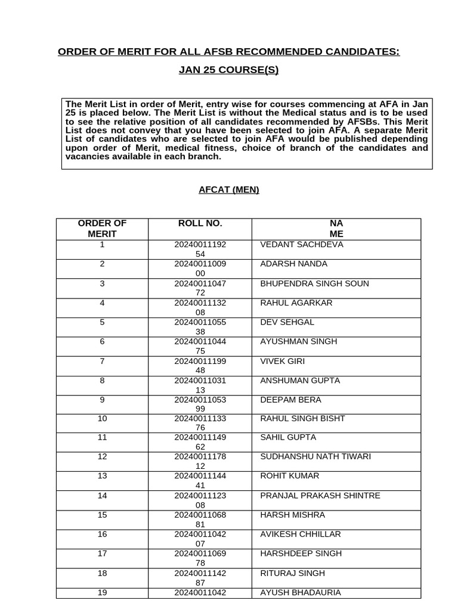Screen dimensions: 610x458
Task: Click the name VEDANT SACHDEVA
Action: [301, 245]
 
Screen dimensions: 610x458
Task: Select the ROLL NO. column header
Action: [200, 223]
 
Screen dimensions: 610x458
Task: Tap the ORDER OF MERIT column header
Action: [102, 229]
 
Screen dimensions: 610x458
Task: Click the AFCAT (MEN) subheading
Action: [229, 190]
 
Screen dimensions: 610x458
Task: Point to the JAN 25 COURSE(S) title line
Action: [228, 70]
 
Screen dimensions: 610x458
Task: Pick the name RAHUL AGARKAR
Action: [296, 303]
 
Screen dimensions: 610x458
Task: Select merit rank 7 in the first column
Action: [102, 361]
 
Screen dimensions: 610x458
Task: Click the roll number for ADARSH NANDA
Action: [200, 269]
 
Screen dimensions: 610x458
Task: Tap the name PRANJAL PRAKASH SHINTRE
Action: [320, 496]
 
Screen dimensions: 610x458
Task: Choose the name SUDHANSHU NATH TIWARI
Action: [315, 457]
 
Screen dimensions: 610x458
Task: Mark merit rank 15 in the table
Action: [102, 515]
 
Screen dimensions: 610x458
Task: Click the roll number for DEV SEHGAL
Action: [200, 327]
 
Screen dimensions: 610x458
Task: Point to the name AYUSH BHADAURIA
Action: [300, 593]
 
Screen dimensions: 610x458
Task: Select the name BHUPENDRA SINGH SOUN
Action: [314, 284]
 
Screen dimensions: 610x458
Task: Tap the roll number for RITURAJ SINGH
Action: [200, 578]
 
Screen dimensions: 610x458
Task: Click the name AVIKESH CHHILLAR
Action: [300, 534]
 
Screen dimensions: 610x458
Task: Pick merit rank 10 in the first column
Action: [102, 419]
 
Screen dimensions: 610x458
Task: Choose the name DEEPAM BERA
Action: [290, 400]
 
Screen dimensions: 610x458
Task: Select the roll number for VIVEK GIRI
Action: [200, 366]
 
